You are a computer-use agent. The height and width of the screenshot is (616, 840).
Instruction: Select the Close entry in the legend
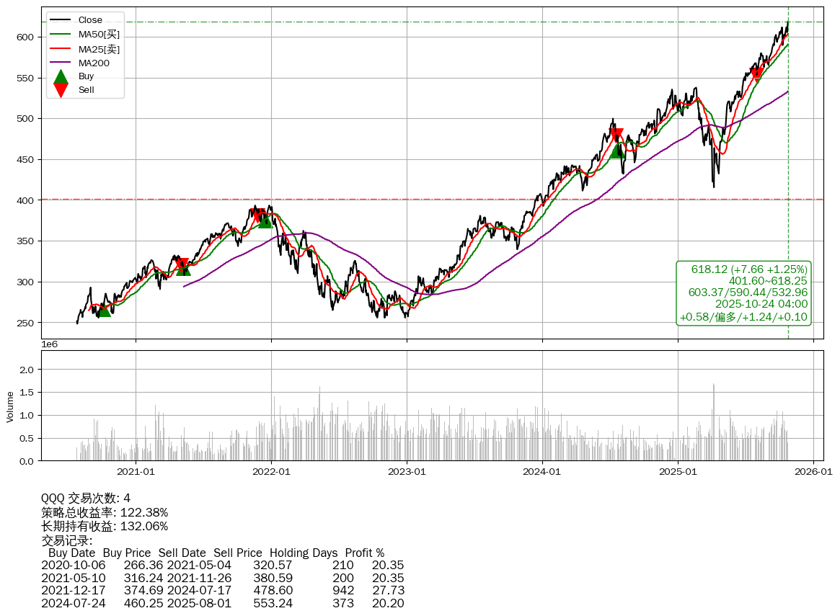(x=90, y=20)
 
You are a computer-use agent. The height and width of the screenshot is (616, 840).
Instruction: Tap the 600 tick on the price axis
(x=26, y=37)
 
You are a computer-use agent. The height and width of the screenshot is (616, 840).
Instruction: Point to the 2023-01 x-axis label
(x=407, y=472)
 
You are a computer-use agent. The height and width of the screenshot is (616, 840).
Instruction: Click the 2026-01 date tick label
(x=813, y=472)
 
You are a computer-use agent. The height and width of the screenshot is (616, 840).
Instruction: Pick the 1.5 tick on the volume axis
(x=27, y=393)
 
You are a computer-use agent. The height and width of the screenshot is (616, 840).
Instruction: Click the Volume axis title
(x=10, y=406)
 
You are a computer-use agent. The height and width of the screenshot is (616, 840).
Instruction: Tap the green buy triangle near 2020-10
(x=104, y=309)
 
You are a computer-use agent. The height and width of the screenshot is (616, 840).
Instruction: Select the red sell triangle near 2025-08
(x=756, y=74)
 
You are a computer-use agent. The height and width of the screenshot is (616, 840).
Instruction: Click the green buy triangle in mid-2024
(x=617, y=151)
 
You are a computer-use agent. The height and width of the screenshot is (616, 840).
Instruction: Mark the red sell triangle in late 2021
(x=257, y=215)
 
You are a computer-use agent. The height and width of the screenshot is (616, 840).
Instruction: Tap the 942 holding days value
(x=343, y=590)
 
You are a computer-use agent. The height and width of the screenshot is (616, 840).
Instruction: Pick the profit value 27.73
(x=388, y=590)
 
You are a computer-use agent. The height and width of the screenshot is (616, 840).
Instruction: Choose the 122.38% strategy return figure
(x=143, y=512)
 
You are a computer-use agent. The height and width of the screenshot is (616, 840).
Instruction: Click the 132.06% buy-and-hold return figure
(x=143, y=526)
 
